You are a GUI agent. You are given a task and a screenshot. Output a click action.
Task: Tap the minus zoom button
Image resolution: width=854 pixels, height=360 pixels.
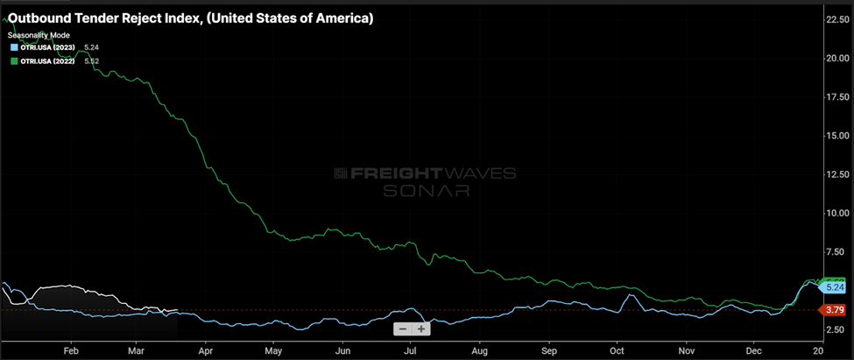point(402,329)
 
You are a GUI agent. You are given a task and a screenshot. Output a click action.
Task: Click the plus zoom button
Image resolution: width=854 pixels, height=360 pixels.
point(421,329)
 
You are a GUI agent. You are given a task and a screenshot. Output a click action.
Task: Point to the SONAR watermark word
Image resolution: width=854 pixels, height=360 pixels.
point(426,190)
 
